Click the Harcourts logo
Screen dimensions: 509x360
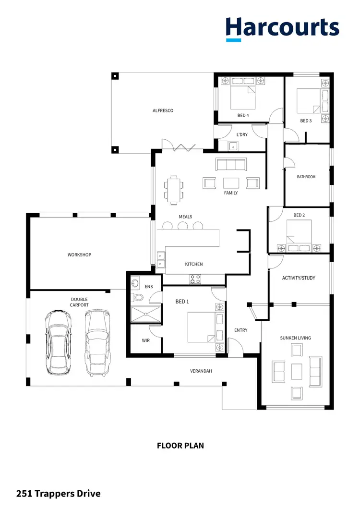[x=282, y=28]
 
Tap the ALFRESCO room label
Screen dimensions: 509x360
[x=163, y=111]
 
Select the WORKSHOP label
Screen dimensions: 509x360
[x=79, y=255]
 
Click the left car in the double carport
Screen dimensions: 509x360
[x=57, y=341]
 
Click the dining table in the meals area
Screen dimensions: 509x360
[x=174, y=189]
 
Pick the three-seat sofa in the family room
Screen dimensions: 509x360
[x=230, y=165]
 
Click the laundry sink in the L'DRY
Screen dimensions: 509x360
[x=232, y=146]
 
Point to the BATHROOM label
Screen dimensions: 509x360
[x=306, y=177]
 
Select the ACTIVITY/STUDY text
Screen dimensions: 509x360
[x=299, y=279]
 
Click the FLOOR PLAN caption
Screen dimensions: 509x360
[x=180, y=446]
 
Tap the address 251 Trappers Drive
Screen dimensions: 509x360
[x=59, y=493]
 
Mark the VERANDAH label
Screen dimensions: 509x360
[x=201, y=371]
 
